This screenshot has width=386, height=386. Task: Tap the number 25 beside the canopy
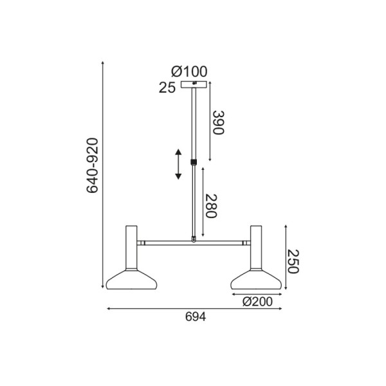pyautogui.click(x=167, y=89)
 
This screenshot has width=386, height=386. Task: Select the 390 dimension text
pyautogui.click(x=218, y=122)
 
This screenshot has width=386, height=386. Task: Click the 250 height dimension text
pyautogui.click(x=293, y=262)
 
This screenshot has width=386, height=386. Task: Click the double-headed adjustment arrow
pyautogui.click(x=179, y=164)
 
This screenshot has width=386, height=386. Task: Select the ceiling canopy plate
pyautogui.click(x=194, y=85)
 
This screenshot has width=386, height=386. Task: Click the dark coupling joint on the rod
pyautogui.click(x=194, y=163)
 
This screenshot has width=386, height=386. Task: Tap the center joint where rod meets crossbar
pyautogui.click(x=194, y=241)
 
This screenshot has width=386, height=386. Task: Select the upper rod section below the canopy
pyautogui.click(x=194, y=122)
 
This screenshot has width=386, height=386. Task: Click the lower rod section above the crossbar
pyautogui.click(x=194, y=203)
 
